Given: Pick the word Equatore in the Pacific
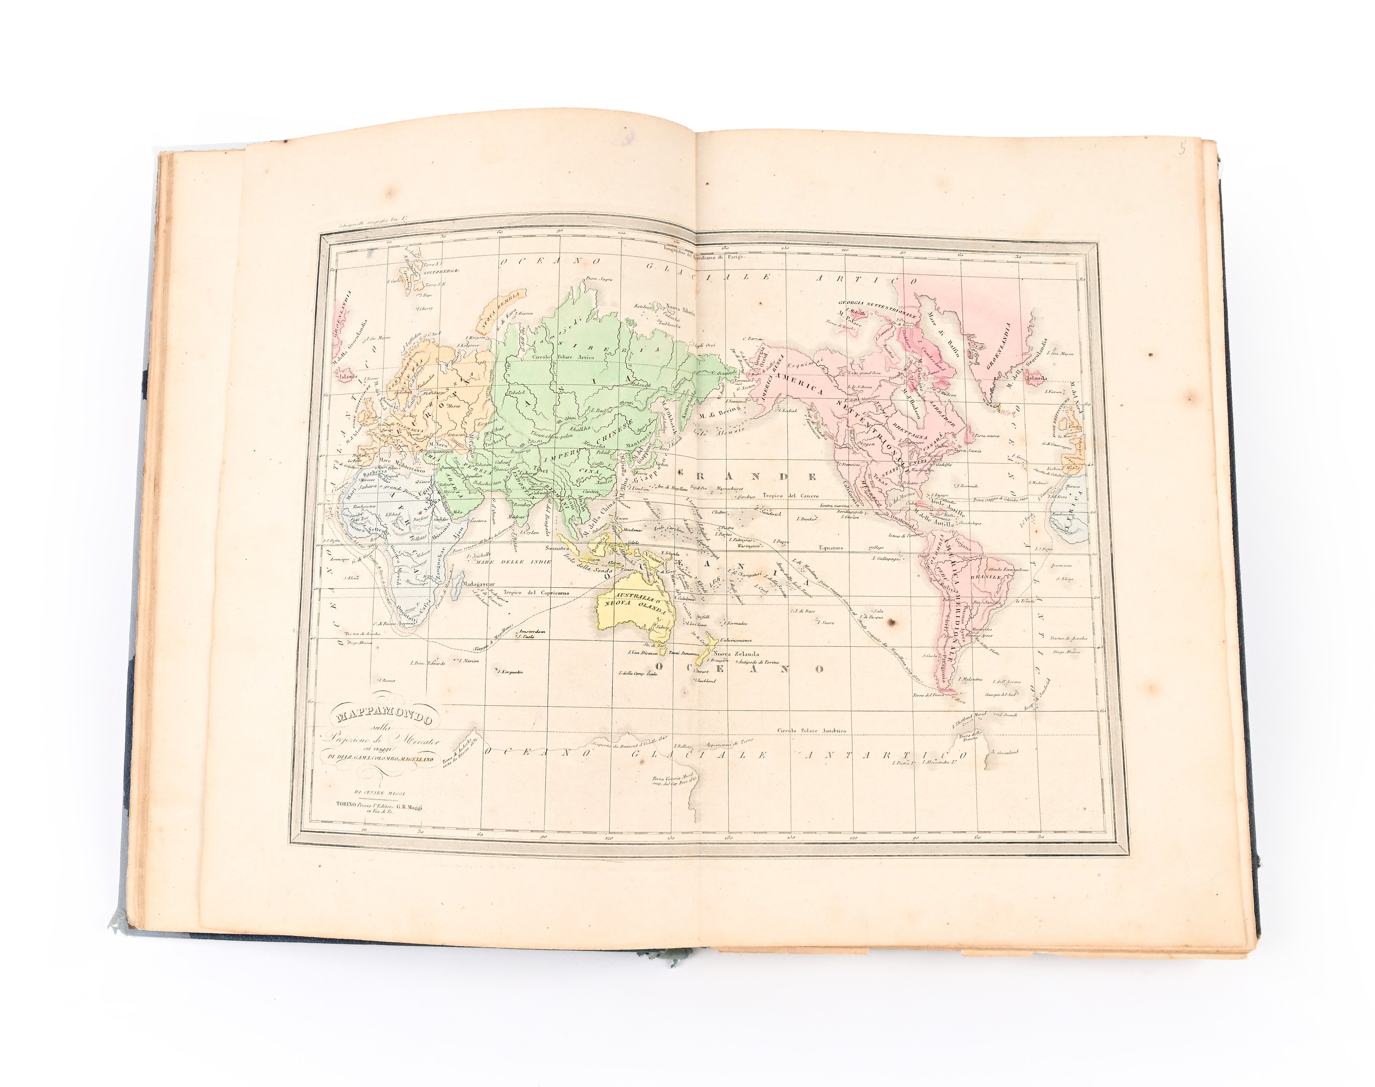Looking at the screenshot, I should [x=830, y=547].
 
